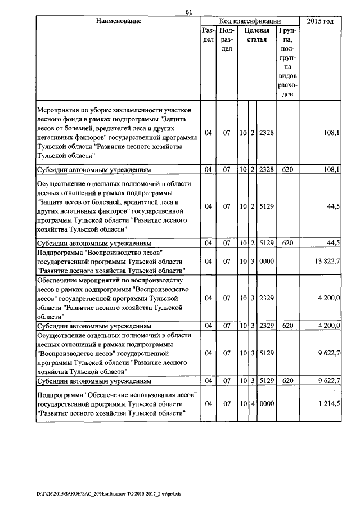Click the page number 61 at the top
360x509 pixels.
coord(189,12)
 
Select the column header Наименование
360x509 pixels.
coord(118,21)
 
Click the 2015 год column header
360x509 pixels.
coord(320,21)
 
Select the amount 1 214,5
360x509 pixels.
coord(326,403)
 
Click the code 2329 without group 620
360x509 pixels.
coord(266,298)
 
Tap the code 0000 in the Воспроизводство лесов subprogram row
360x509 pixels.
coord(266,262)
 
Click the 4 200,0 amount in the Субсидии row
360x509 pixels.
coord(326,325)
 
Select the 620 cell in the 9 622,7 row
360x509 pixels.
coord(288,381)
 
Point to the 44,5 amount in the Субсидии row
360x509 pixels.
coord(332,243)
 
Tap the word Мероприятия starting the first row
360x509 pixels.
coord(58,109)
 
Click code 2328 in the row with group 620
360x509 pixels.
coord(266,169)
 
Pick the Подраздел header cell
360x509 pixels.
coord(227,40)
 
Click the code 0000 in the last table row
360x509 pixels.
coord(266,403)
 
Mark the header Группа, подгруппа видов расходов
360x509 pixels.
coord(288,63)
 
